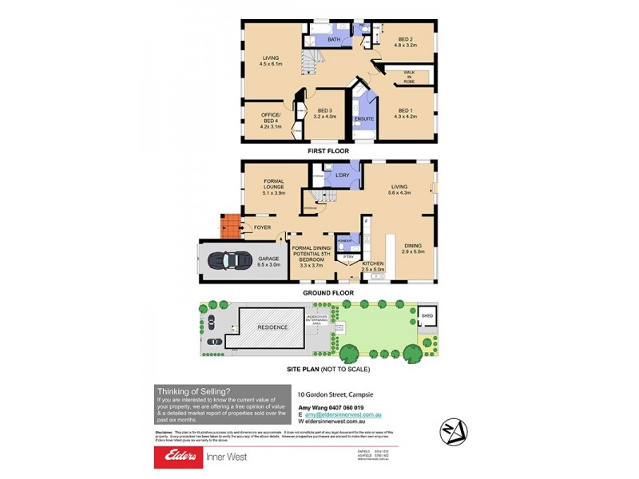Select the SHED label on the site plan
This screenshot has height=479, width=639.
pos(427,315)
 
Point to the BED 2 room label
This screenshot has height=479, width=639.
pos(404,39)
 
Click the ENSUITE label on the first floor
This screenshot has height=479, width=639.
pos(364,120)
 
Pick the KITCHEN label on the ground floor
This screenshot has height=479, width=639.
pos(374,263)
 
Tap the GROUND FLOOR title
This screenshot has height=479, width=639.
pos(327,293)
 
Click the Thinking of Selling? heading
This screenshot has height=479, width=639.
pos(193,390)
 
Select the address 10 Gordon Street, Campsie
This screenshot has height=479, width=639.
pos(335,394)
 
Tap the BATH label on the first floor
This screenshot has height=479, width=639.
pos(334,39)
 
